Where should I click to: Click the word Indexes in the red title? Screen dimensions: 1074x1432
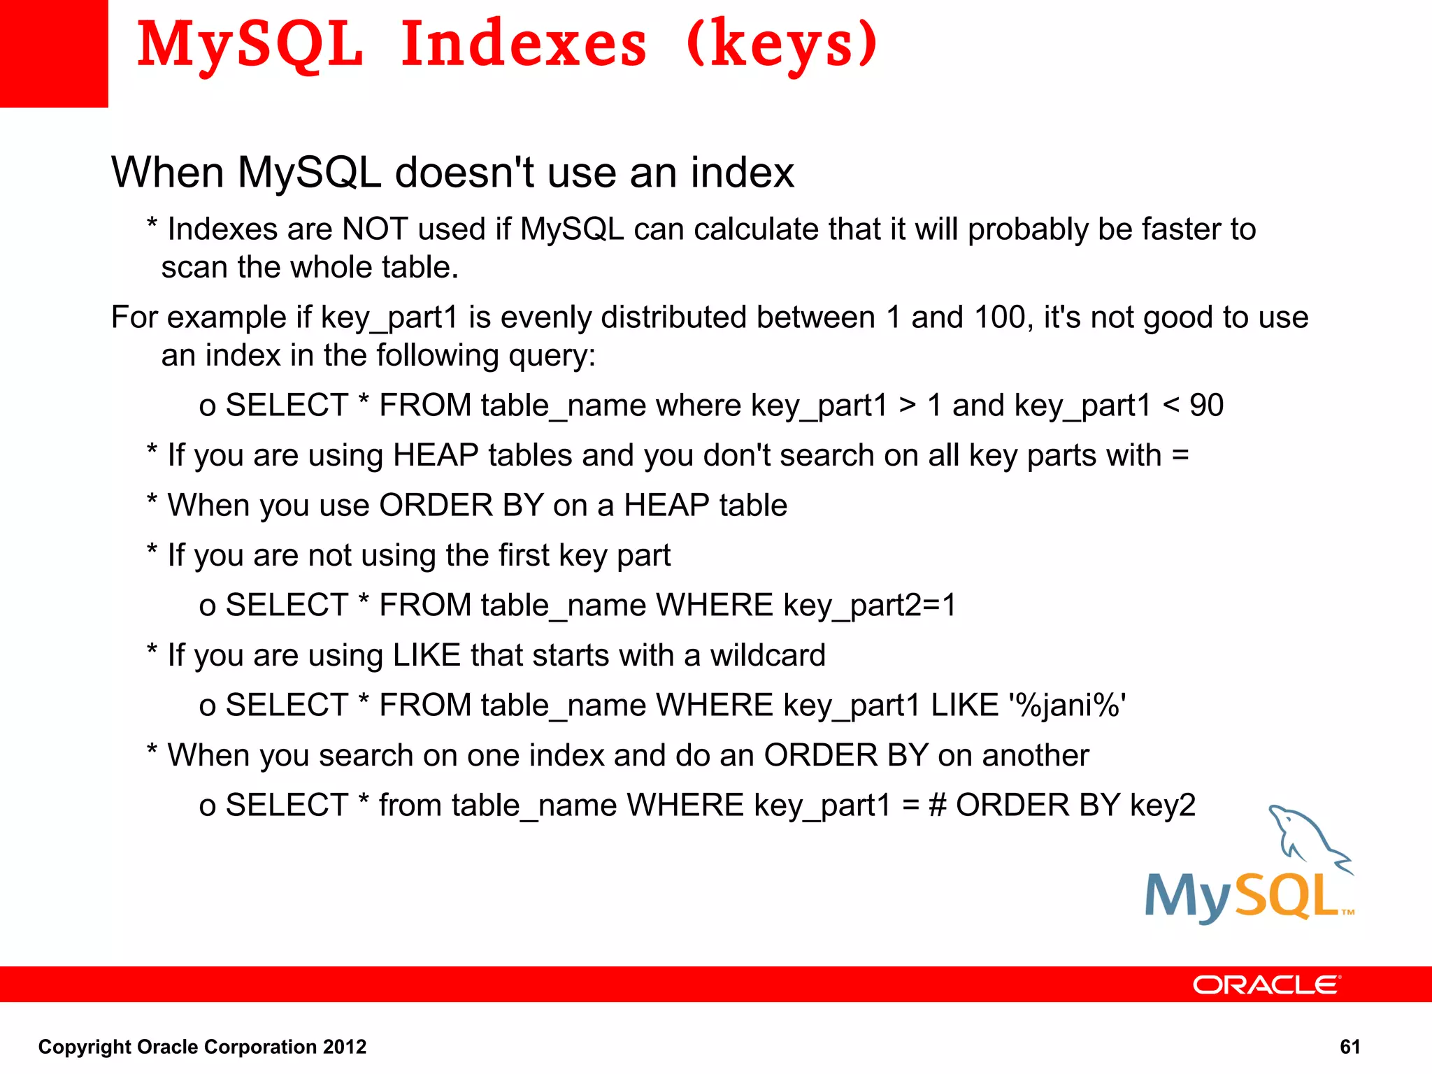524,45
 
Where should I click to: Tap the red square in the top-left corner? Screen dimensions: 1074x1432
54,53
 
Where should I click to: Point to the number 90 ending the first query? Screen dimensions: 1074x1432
1206,406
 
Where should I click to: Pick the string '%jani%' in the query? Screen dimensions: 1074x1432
1067,706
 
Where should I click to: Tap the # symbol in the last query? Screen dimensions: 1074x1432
937,805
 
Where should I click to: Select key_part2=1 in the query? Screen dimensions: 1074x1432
869,606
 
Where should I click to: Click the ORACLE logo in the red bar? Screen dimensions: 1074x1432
1266,984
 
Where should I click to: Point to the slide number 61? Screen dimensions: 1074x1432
1349,1047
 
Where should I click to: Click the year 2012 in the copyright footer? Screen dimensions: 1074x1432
344,1047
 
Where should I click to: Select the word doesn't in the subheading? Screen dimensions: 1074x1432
465,172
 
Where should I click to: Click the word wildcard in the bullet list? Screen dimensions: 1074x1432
768,655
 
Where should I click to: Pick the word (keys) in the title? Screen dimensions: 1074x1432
782,45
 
